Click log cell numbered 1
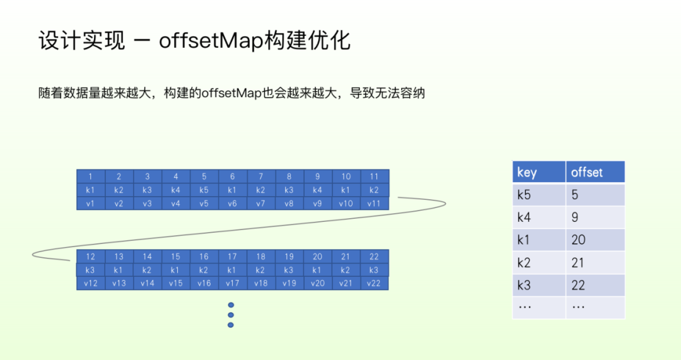(x=90, y=177)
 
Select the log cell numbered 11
(x=374, y=177)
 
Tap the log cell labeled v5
(x=204, y=204)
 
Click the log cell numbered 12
(x=90, y=257)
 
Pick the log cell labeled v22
(x=374, y=283)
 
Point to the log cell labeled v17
(x=232, y=283)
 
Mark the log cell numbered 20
(x=317, y=257)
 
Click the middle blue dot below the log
(x=231, y=315)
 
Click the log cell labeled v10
(x=346, y=204)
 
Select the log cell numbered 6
(x=232, y=177)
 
